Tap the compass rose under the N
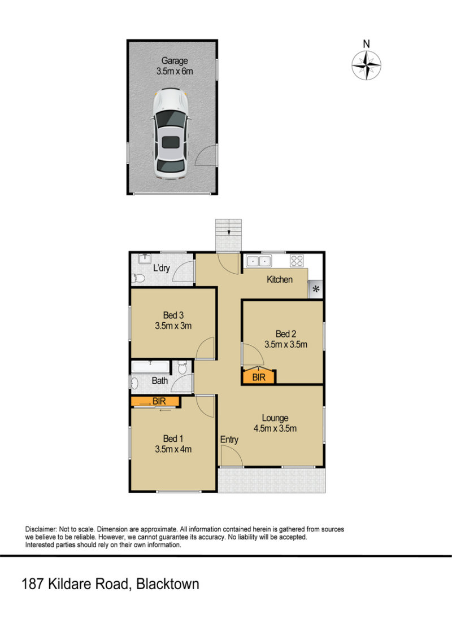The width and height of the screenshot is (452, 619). coord(367,65)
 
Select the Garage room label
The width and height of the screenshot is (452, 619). coord(175,61)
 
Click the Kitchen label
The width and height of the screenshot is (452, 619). coord(280,279)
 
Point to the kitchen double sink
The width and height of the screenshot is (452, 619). coord(259,261)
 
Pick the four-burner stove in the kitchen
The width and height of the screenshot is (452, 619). coord(297,261)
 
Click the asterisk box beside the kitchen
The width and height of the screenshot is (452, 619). coord(316,289)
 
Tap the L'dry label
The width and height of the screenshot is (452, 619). coord(162,269)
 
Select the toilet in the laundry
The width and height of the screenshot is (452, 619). coord(138,278)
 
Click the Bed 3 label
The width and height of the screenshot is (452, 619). coord(173,315)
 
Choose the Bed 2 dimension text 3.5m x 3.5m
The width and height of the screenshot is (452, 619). coord(286,344)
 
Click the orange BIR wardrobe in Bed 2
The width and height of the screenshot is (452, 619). coord(259,376)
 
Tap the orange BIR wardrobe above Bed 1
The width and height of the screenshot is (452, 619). coord(155,402)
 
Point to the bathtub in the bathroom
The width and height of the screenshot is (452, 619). coord(150,366)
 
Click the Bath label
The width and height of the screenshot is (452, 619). coord(160,380)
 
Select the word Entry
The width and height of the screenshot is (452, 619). coord(229,440)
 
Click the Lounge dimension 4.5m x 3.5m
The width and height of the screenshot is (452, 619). coord(275,428)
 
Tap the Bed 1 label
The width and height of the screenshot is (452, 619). coord(173,438)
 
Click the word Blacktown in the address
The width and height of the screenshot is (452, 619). coord(168,584)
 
